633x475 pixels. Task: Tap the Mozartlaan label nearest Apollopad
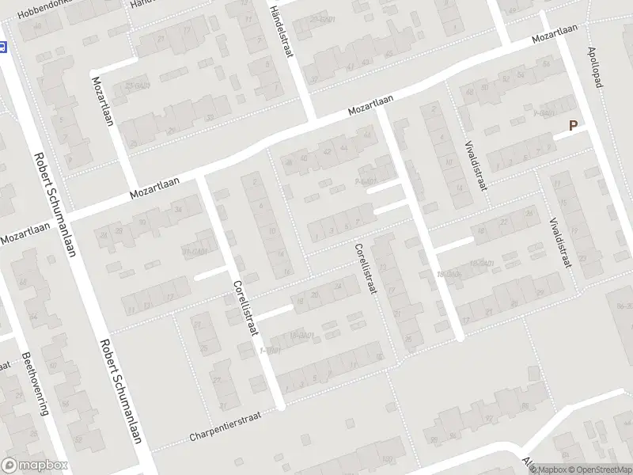(x=553, y=32)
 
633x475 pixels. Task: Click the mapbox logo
(x=34, y=465)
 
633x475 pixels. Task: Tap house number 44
(x=343, y=147)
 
